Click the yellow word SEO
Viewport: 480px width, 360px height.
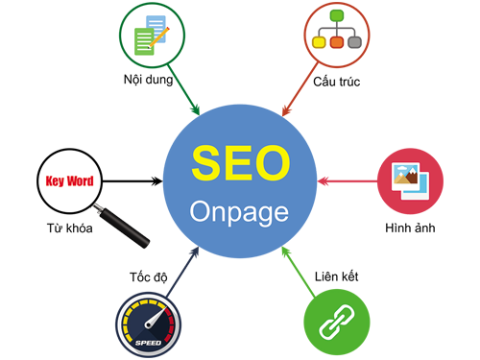point(239,164)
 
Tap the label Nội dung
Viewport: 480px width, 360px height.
point(148,79)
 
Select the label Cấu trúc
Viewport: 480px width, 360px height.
point(336,79)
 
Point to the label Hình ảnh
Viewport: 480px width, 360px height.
point(410,228)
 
